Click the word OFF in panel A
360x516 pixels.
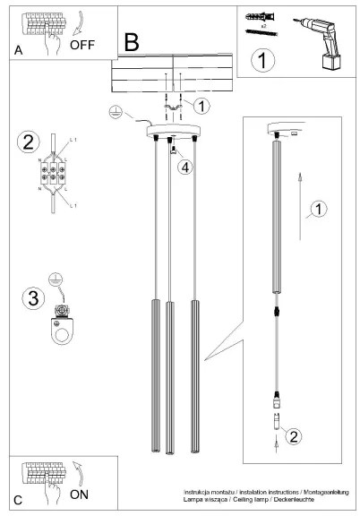(83, 42)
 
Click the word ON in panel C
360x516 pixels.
(81, 494)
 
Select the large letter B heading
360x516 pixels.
(132, 40)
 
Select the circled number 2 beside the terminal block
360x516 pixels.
(29, 142)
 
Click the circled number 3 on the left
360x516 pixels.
(30, 298)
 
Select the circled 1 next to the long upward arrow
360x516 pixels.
(317, 211)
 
